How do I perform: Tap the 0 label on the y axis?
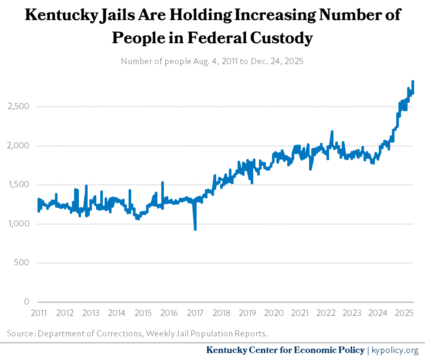(x=27, y=302)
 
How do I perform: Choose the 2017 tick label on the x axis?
(x=195, y=313)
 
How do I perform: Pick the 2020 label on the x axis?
(x=273, y=313)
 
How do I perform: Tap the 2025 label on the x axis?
(x=404, y=313)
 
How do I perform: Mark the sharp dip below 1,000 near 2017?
(x=195, y=229)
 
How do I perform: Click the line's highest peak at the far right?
(x=412, y=81)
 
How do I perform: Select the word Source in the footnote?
(x=20, y=334)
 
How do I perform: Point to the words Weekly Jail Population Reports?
(x=207, y=334)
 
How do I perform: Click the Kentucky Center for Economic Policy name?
(x=285, y=350)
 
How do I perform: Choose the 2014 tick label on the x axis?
(x=116, y=313)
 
